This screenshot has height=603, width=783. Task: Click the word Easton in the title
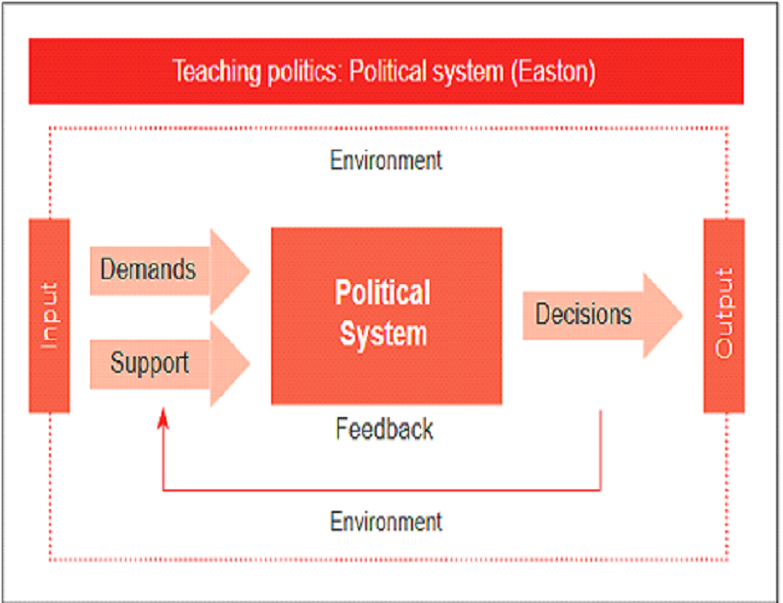[553, 71]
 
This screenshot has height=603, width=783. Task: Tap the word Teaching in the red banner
[216, 71]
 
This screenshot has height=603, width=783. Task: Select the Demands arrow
[169, 271]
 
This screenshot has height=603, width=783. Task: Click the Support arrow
[169, 363]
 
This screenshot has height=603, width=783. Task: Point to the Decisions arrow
[603, 315]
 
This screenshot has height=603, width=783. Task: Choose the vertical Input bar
[50, 316]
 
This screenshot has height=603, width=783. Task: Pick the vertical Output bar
[724, 316]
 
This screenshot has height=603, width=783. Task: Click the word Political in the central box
[383, 293]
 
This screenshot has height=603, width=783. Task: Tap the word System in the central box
[384, 334]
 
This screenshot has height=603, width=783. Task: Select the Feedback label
[385, 429]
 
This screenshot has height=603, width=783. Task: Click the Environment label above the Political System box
[386, 161]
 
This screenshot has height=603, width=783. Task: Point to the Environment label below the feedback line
[386, 522]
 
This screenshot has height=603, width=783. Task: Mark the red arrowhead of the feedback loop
[163, 419]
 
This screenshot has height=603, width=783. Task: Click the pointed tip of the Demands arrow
[251, 271]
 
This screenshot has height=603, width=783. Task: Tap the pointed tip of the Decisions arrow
[682, 315]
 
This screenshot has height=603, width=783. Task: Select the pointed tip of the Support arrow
[251, 363]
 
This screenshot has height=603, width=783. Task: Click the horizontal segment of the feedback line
[382, 490]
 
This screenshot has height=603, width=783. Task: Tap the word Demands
[149, 269]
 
